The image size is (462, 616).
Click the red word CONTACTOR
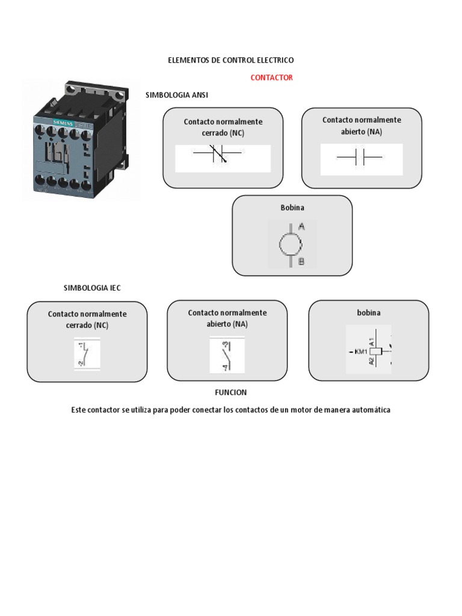271,78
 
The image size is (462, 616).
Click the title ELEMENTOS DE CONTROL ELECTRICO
230,61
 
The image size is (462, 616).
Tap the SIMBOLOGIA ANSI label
177,95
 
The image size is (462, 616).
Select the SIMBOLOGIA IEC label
92,288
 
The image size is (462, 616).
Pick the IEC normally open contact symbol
220,354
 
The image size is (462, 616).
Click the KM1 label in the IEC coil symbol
361,351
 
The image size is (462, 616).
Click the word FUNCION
231,392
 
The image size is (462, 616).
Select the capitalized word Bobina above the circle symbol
292,208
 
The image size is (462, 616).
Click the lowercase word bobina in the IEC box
369,313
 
